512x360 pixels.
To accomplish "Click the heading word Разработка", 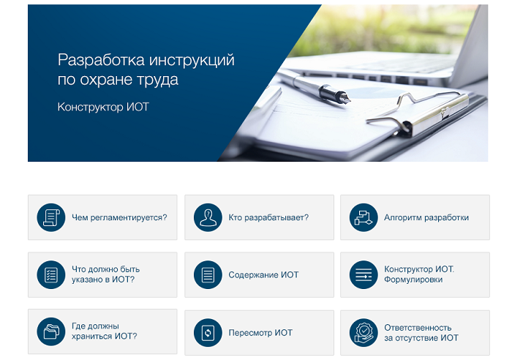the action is (101, 61).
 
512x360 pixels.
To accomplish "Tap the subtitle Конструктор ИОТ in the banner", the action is (103, 107).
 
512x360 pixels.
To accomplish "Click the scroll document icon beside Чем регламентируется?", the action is (51, 217).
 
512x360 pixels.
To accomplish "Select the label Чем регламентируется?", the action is (119, 217).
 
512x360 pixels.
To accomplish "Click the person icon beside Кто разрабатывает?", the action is (208, 217).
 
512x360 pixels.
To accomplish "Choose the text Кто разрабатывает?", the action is (268, 217).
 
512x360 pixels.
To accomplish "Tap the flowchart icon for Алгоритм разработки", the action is (364, 217).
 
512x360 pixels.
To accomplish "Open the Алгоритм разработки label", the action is (426, 217).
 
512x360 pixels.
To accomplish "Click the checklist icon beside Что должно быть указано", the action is (51, 274).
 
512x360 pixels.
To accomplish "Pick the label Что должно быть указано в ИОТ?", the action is (106, 274).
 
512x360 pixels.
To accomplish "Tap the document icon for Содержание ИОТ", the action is (208, 274).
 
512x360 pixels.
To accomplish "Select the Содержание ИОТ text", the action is (263, 274).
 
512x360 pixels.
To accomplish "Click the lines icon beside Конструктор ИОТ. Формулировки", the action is (364, 274).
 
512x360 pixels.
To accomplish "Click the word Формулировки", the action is (413, 280).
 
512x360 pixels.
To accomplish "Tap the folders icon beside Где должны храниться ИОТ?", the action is (51, 331).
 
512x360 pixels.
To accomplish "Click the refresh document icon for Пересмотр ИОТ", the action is (208, 333).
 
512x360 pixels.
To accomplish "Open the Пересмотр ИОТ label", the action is (260, 333).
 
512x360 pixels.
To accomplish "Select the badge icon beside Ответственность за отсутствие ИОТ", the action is (364, 333).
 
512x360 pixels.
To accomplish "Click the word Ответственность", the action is (418, 328).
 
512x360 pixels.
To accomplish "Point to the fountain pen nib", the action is (344, 97).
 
